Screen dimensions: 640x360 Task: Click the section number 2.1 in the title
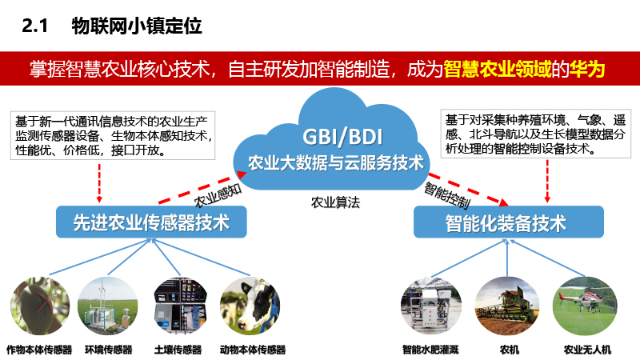[x=34, y=26]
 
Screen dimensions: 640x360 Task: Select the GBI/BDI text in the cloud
[x=343, y=136]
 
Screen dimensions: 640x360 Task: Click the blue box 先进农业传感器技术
[x=151, y=222]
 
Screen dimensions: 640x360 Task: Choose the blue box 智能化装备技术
[x=509, y=222]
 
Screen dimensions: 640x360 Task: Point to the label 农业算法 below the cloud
[x=335, y=202]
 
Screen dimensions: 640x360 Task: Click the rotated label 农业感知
[x=218, y=195]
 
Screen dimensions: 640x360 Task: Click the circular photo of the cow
[x=250, y=306]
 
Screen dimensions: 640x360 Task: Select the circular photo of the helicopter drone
[x=585, y=306]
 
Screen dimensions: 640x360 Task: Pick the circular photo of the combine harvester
[x=507, y=306]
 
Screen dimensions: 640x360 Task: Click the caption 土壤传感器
[x=178, y=350]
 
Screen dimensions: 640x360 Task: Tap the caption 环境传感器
[x=109, y=350]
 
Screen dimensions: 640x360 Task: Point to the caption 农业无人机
[x=587, y=350]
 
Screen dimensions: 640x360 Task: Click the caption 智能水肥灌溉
[x=430, y=350]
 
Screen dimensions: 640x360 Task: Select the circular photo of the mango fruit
[x=40, y=306]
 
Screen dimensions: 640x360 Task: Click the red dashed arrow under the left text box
[x=99, y=183]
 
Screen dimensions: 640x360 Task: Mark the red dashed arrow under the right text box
[x=547, y=182]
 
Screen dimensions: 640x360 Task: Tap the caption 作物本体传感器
[x=39, y=350]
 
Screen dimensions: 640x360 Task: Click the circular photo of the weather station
[x=108, y=306]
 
